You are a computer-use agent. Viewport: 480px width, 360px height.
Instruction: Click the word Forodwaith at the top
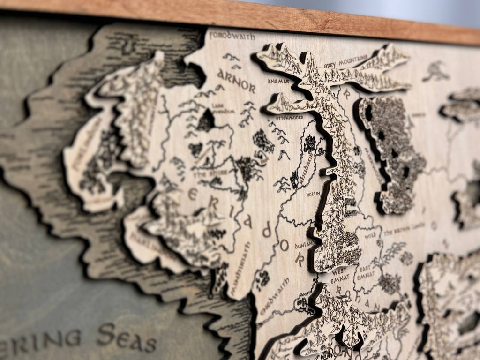pos(232,36)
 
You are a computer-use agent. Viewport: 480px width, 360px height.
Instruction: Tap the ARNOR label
pos(236,81)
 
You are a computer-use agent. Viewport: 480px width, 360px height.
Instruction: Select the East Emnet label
pos(366,272)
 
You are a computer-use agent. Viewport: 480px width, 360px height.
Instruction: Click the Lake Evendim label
pos(217,108)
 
